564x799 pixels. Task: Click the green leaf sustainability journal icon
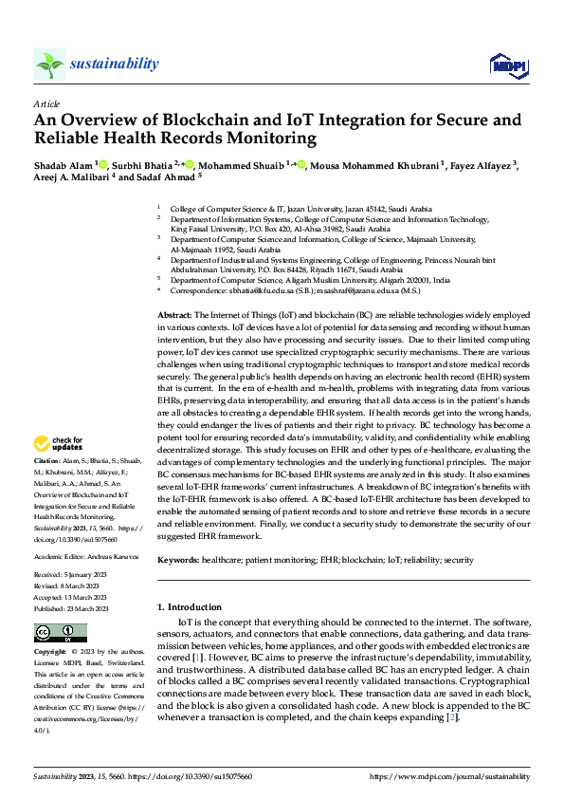click(x=49, y=64)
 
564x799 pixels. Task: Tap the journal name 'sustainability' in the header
click(x=114, y=64)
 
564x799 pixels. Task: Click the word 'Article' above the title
click(x=46, y=103)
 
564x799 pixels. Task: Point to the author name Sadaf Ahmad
click(x=166, y=177)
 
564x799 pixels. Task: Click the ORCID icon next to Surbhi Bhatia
click(x=190, y=164)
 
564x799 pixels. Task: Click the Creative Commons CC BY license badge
click(x=61, y=633)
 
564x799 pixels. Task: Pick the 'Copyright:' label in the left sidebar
click(x=51, y=653)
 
